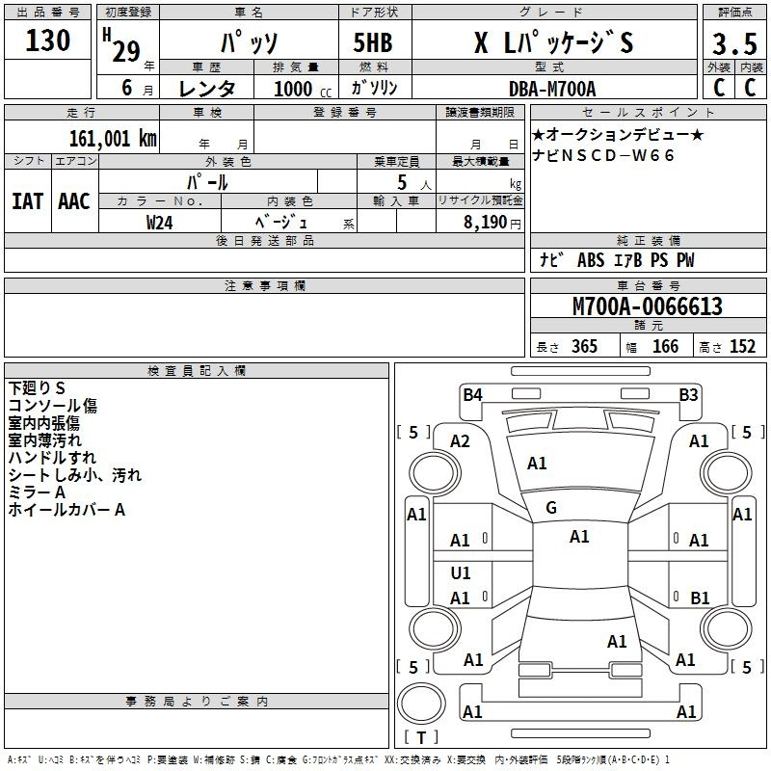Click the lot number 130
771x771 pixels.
tap(47, 40)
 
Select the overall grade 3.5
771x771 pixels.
tap(734, 43)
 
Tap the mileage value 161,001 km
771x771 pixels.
tap(113, 139)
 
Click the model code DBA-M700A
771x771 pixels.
tap(552, 89)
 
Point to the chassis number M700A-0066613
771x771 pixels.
tap(648, 306)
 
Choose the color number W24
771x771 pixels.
tap(159, 223)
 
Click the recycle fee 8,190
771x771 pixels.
tap(485, 223)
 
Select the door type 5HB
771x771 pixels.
tap(373, 42)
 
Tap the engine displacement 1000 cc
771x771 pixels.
tap(303, 89)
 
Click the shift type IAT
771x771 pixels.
tap(28, 201)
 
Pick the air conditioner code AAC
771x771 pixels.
tap(74, 201)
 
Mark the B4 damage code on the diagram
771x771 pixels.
tap(472, 395)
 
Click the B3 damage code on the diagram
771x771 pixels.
tap(688, 395)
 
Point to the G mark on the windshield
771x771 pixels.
tap(551, 508)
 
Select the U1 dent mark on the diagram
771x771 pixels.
tap(461, 572)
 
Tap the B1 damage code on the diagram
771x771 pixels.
tap(700, 598)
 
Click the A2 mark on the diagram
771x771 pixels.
tap(460, 441)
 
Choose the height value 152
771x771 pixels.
tap(742, 347)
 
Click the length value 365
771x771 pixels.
tap(584, 347)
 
